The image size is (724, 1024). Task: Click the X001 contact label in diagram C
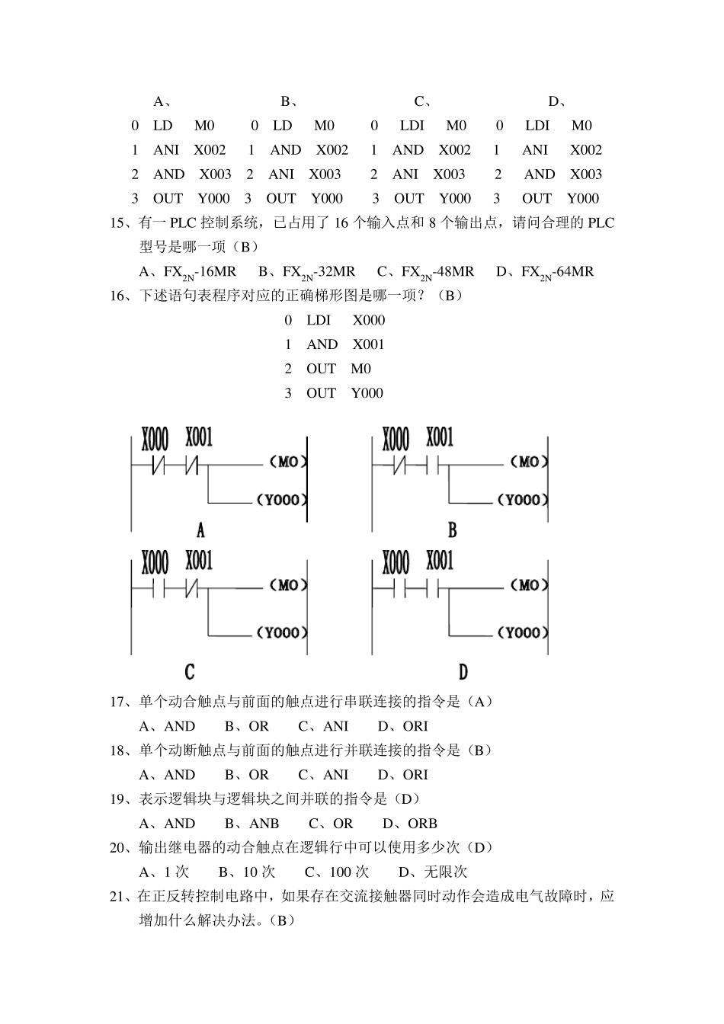(199, 562)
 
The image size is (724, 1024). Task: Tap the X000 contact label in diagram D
(396, 563)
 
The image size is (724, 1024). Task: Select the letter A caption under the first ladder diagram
(200, 530)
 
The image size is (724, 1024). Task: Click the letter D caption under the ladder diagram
(463, 672)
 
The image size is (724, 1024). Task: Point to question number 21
(120, 897)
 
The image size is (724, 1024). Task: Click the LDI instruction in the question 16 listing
(319, 320)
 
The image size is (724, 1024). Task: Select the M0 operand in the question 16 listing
(361, 369)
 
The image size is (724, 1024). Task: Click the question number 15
(120, 223)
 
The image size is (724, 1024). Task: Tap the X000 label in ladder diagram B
(396, 439)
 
